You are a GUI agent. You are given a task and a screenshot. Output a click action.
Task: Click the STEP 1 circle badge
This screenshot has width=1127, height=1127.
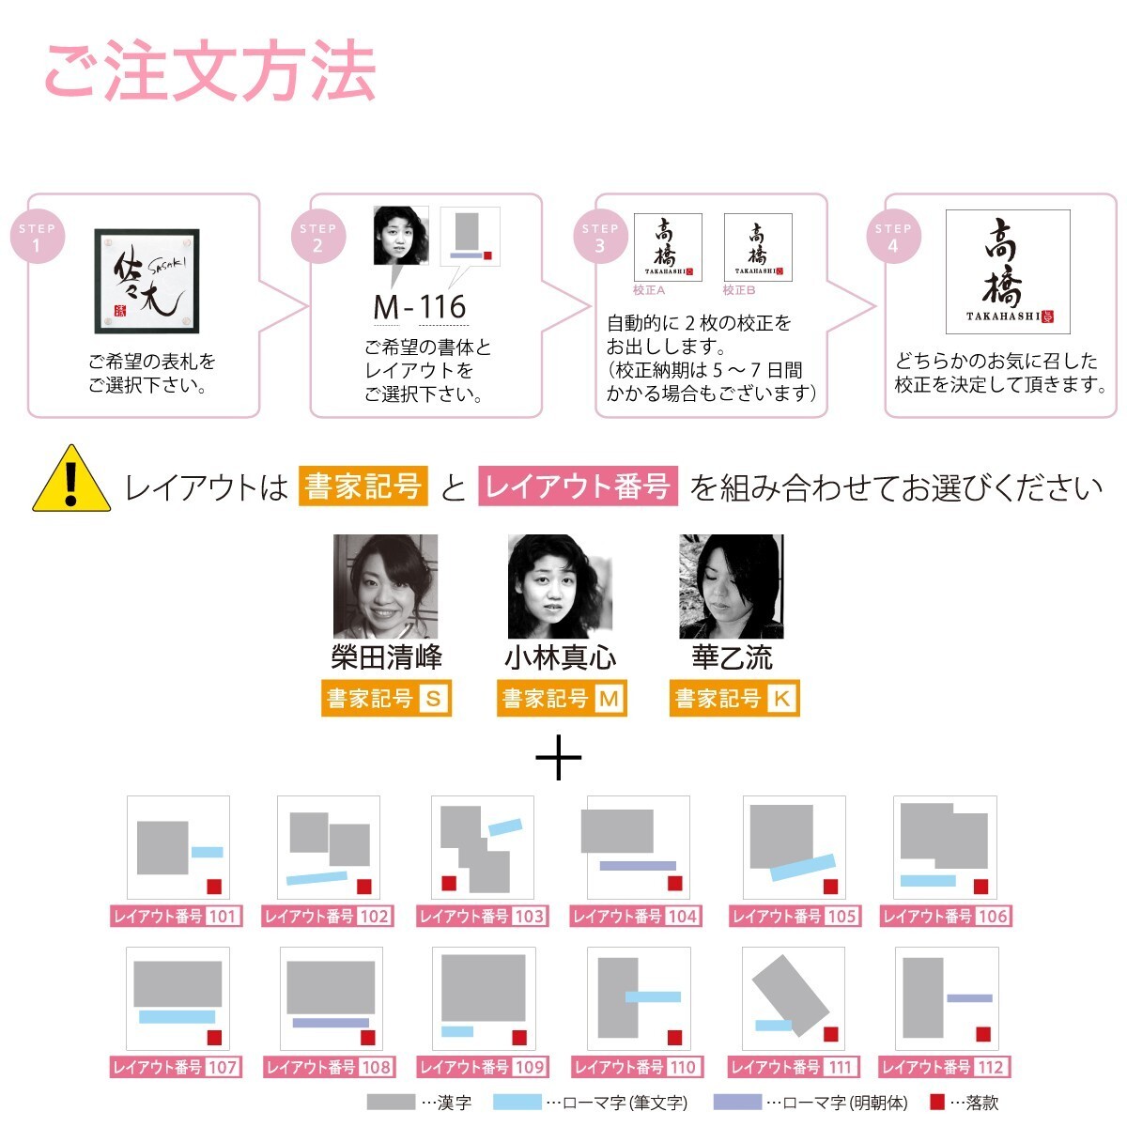(38, 236)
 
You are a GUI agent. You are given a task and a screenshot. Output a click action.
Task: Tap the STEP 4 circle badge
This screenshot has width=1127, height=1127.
(893, 236)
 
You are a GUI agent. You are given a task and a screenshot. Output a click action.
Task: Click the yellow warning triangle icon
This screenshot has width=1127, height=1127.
(71, 478)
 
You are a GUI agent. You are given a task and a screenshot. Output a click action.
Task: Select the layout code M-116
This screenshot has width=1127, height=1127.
(419, 306)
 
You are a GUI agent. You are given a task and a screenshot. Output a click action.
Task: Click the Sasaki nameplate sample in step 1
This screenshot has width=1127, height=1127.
(147, 281)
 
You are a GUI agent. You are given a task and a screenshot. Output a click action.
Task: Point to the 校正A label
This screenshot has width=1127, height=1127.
(649, 290)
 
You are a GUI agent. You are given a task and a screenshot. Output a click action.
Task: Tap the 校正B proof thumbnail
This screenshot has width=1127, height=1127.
(758, 247)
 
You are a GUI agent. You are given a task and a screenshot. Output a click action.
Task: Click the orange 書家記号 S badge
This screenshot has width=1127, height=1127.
(386, 698)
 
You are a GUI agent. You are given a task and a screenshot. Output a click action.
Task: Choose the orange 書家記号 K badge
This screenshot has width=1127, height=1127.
(734, 698)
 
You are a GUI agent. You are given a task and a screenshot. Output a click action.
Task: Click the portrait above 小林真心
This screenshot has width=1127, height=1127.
(560, 586)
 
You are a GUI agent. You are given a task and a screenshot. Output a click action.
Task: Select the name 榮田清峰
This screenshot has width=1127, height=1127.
(386, 656)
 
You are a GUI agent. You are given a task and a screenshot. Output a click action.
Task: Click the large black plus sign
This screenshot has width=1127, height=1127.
(559, 757)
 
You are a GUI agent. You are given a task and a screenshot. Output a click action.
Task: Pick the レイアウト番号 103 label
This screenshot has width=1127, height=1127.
(483, 916)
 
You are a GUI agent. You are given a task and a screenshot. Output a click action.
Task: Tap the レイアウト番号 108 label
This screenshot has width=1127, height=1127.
(330, 1067)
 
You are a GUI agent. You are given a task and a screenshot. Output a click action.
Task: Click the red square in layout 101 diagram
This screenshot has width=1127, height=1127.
(214, 887)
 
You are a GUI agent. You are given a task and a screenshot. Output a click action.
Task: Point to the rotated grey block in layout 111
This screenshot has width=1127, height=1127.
(790, 995)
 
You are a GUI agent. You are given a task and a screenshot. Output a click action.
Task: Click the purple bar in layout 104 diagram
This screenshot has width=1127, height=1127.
(638, 866)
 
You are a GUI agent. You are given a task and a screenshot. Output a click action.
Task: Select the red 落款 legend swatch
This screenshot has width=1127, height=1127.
(937, 1102)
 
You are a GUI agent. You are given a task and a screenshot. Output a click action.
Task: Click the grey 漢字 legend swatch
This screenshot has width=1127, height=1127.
(391, 1102)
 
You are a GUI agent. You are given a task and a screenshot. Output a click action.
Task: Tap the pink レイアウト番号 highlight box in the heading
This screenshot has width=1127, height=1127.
(578, 486)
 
